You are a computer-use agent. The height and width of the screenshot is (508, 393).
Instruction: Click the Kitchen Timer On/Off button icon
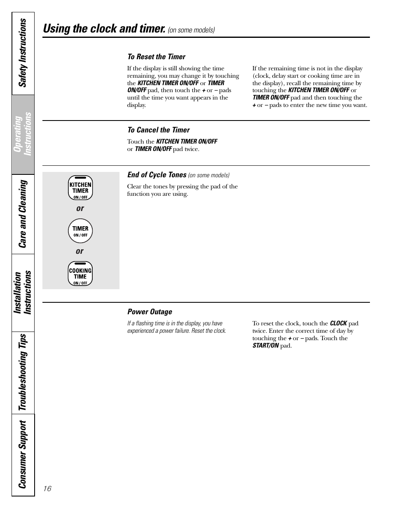[x=80, y=188]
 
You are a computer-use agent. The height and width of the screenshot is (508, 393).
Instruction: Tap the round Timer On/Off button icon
[x=80, y=231]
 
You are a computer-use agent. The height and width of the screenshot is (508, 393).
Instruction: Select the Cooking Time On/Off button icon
[x=80, y=274]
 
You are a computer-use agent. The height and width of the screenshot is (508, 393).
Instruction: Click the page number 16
[x=47, y=488]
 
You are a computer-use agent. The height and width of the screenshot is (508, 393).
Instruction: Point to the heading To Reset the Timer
[x=156, y=57]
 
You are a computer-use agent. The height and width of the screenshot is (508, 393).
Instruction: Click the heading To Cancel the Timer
[x=158, y=130]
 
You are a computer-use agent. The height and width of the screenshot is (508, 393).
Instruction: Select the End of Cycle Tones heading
[x=157, y=175]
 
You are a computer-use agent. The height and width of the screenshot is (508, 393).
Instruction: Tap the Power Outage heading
[x=150, y=312]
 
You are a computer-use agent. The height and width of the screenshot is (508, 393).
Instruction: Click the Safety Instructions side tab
[x=23, y=53]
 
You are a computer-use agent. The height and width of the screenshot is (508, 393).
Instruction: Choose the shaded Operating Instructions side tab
[x=23, y=134]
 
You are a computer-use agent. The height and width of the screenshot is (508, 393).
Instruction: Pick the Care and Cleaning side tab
[x=23, y=214]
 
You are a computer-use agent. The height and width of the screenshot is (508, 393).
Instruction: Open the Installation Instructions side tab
[x=23, y=292]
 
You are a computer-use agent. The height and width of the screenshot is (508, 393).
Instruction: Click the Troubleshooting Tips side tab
[x=23, y=372]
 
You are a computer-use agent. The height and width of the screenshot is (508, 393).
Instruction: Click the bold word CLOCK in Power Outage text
[x=338, y=323]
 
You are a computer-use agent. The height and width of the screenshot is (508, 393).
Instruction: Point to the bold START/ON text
[x=265, y=346]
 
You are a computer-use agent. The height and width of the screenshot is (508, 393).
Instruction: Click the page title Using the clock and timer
[x=104, y=28]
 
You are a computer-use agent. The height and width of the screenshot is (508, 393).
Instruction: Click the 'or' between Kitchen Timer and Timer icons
[x=80, y=209]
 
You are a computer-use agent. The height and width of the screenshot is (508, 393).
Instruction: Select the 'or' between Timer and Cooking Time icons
[x=80, y=251]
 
